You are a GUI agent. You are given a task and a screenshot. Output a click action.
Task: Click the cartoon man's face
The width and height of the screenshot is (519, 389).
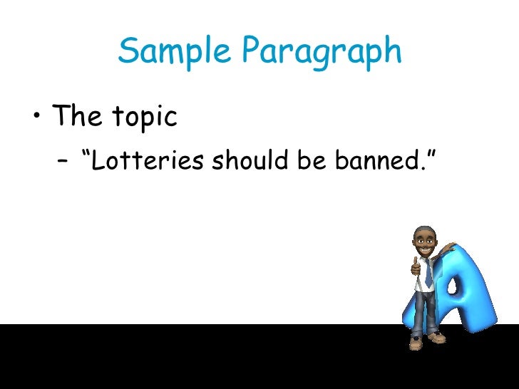(x=426, y=245)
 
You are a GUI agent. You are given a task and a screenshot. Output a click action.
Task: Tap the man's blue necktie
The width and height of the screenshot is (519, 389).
(x=428, y=274)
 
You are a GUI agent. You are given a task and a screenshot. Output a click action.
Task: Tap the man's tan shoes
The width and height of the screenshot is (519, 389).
(x=425, y=343)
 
